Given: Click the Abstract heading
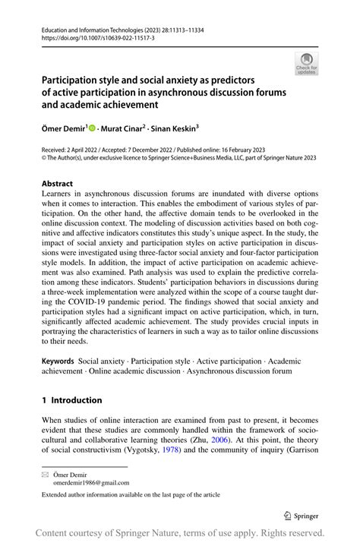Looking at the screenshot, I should (58, 184).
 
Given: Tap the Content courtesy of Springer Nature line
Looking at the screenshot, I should (180, 533).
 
